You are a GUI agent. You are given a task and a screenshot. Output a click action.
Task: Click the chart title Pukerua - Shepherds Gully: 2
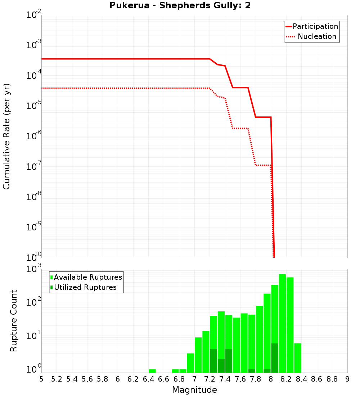pos(180,6)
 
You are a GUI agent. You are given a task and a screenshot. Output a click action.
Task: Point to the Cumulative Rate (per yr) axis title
pos(6,136)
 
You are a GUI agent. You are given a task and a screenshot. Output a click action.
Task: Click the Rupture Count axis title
pos(14,321)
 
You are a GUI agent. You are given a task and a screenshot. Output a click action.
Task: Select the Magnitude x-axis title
pos(194,390)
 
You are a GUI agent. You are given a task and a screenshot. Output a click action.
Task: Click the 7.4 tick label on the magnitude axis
pos(225,379)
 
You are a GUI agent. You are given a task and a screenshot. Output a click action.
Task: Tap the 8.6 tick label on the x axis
pos(317,379)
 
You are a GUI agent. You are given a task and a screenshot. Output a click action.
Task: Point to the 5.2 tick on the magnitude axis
pos(57,379)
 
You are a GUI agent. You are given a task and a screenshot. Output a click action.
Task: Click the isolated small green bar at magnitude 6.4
pos(152,371)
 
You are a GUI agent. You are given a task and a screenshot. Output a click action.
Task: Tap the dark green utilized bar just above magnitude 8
pos(275,358)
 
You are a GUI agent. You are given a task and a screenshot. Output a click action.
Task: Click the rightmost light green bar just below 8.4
pos(297,358)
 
